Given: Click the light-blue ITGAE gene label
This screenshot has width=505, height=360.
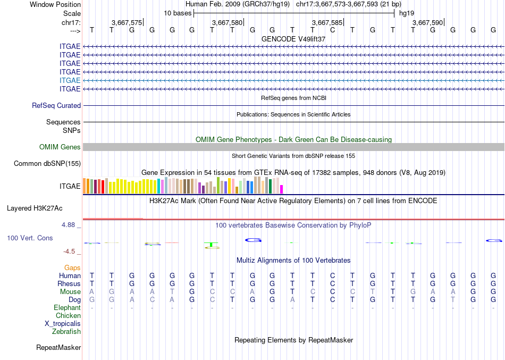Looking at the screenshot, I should (x=70, y=80).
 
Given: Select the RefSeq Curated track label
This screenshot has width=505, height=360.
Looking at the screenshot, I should (x=56, y=106).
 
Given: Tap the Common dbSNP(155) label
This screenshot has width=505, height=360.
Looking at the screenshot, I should (x=47, y=164).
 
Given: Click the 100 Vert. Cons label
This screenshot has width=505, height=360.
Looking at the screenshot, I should (x=30, y=238).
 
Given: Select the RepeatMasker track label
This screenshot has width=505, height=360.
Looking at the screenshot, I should (x=58, y=348).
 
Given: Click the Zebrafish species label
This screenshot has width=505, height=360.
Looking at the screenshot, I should (x=66, y=332).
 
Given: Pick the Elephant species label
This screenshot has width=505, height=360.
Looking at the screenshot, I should (x=67, y=308).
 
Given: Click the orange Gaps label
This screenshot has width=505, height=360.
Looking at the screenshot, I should (x=73, y=268).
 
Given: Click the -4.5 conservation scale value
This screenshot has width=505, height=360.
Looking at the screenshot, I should (x=70, y=252).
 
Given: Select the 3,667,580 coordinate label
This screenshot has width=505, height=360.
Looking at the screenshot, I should (x=227, y=23).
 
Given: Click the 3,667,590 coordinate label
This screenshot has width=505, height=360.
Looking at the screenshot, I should (x=427, y=23).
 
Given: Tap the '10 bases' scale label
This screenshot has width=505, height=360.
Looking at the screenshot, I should (x=178, y=13).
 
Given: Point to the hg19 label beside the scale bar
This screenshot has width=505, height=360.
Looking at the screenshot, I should (x=407, y=13).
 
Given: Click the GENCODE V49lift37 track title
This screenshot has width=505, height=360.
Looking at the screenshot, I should (x=293, y=39).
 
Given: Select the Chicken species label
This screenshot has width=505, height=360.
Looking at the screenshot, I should (x=68, y=316).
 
